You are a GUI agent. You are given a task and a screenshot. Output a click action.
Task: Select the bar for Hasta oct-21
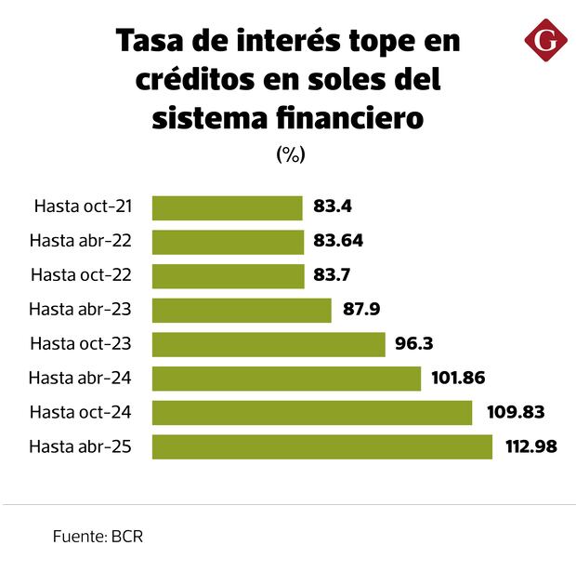click(228, 207)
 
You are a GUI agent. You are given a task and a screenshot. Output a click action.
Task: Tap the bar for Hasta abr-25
click(321, 446)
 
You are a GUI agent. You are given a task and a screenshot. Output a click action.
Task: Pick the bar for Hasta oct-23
click(268, 344)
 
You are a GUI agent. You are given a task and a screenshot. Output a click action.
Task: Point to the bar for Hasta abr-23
click(242, 310)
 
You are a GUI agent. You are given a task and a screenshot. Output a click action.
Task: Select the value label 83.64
click(338, 241)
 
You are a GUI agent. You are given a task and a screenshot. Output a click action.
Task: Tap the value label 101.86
click(459, 378)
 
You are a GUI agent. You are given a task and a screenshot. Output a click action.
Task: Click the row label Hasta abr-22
click(80, 241)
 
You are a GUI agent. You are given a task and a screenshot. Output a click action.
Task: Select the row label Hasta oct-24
click(80, 412)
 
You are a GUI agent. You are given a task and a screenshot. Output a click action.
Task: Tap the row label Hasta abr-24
click(80, 378)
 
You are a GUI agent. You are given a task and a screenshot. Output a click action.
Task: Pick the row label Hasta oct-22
click(81, 275)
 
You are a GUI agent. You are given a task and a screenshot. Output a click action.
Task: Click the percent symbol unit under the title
click(290, 155)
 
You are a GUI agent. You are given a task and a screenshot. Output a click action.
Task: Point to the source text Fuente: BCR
click(98, 537)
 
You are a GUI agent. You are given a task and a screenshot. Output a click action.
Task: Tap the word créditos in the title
click(195, 80)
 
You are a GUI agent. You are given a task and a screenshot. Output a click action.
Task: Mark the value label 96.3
click(414, 344)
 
